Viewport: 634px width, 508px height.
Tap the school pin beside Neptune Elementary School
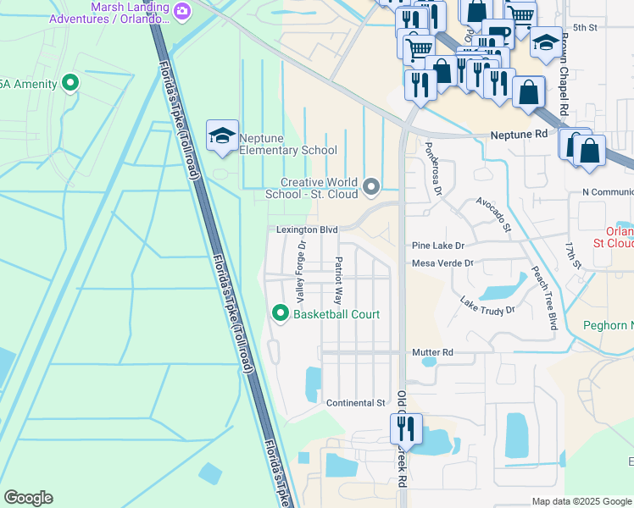pyautogui.click(x=222, y=136)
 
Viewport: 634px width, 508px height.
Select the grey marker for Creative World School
pyautogui.click(x=370, y=185)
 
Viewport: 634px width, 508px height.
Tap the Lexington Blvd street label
pyautogui.click(x=307, y=229)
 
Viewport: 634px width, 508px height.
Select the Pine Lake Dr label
pyautogui.click(x=439, y=246)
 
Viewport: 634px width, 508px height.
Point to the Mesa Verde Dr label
pyautogui.click(x=442, y=263)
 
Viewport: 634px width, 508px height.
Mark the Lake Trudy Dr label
pyautogui.click(x=487, y=306)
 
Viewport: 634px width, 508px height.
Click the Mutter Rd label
pyautogui.click(x=432, y=352)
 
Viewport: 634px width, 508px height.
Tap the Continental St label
pyautogui.click(x=356, y=403)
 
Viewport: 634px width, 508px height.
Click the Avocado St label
pyautogui.click(x=492, y=215)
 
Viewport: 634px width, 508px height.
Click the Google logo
pyautogui.click(x=28, y=498)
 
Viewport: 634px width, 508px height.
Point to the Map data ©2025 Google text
pyautogui.click(x=581, y=501)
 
